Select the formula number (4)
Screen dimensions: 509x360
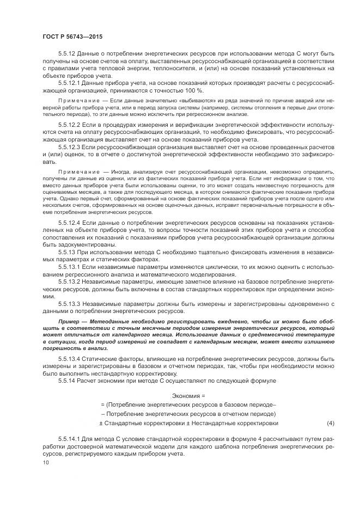coord(330,422)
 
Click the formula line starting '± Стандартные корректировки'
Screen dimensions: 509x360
coord(188,422)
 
